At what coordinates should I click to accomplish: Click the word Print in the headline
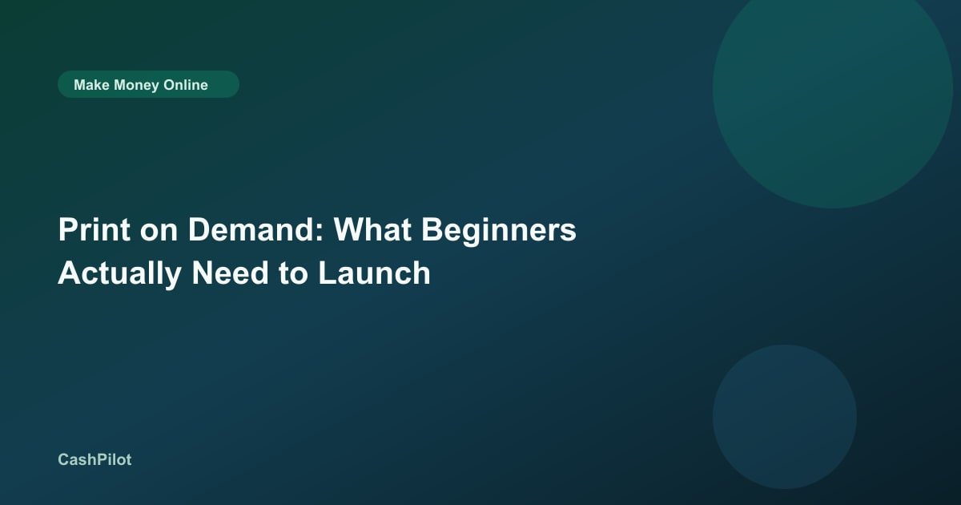coord(94,230)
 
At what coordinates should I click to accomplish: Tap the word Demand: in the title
coord(255,230)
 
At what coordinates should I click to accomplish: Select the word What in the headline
coord(373,230)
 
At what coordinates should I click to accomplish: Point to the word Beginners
coord(499,232)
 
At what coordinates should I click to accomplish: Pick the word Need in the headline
coord(231,273)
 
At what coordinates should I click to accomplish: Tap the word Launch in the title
coord(374,273)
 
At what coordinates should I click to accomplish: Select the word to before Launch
coord(293,275)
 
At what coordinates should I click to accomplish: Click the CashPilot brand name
coord(94,459)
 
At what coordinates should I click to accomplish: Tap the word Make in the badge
coord(91,85)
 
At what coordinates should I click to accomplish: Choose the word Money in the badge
coord(136,86)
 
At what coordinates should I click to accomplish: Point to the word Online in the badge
coord(186,85)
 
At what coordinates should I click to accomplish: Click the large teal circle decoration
coord(833,89)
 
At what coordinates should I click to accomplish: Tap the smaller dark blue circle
coord(785,417)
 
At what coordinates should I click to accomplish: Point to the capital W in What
coord(351,230)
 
